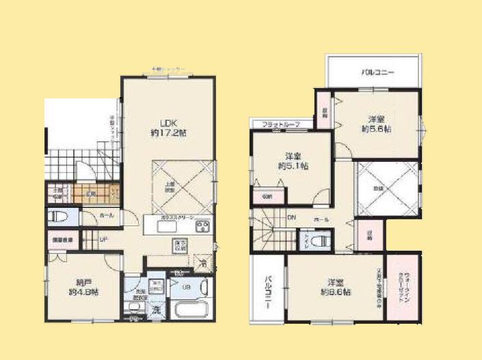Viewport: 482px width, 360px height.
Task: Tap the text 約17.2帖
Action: coord(168,133)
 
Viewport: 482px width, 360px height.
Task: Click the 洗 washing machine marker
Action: coord(156,310)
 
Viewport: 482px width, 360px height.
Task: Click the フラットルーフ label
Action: coord(281,125)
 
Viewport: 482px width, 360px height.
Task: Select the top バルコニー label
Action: coord(377,72)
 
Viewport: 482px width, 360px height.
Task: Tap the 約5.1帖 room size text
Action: coord(292,165)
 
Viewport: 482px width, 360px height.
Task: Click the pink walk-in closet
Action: coord(404,286)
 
